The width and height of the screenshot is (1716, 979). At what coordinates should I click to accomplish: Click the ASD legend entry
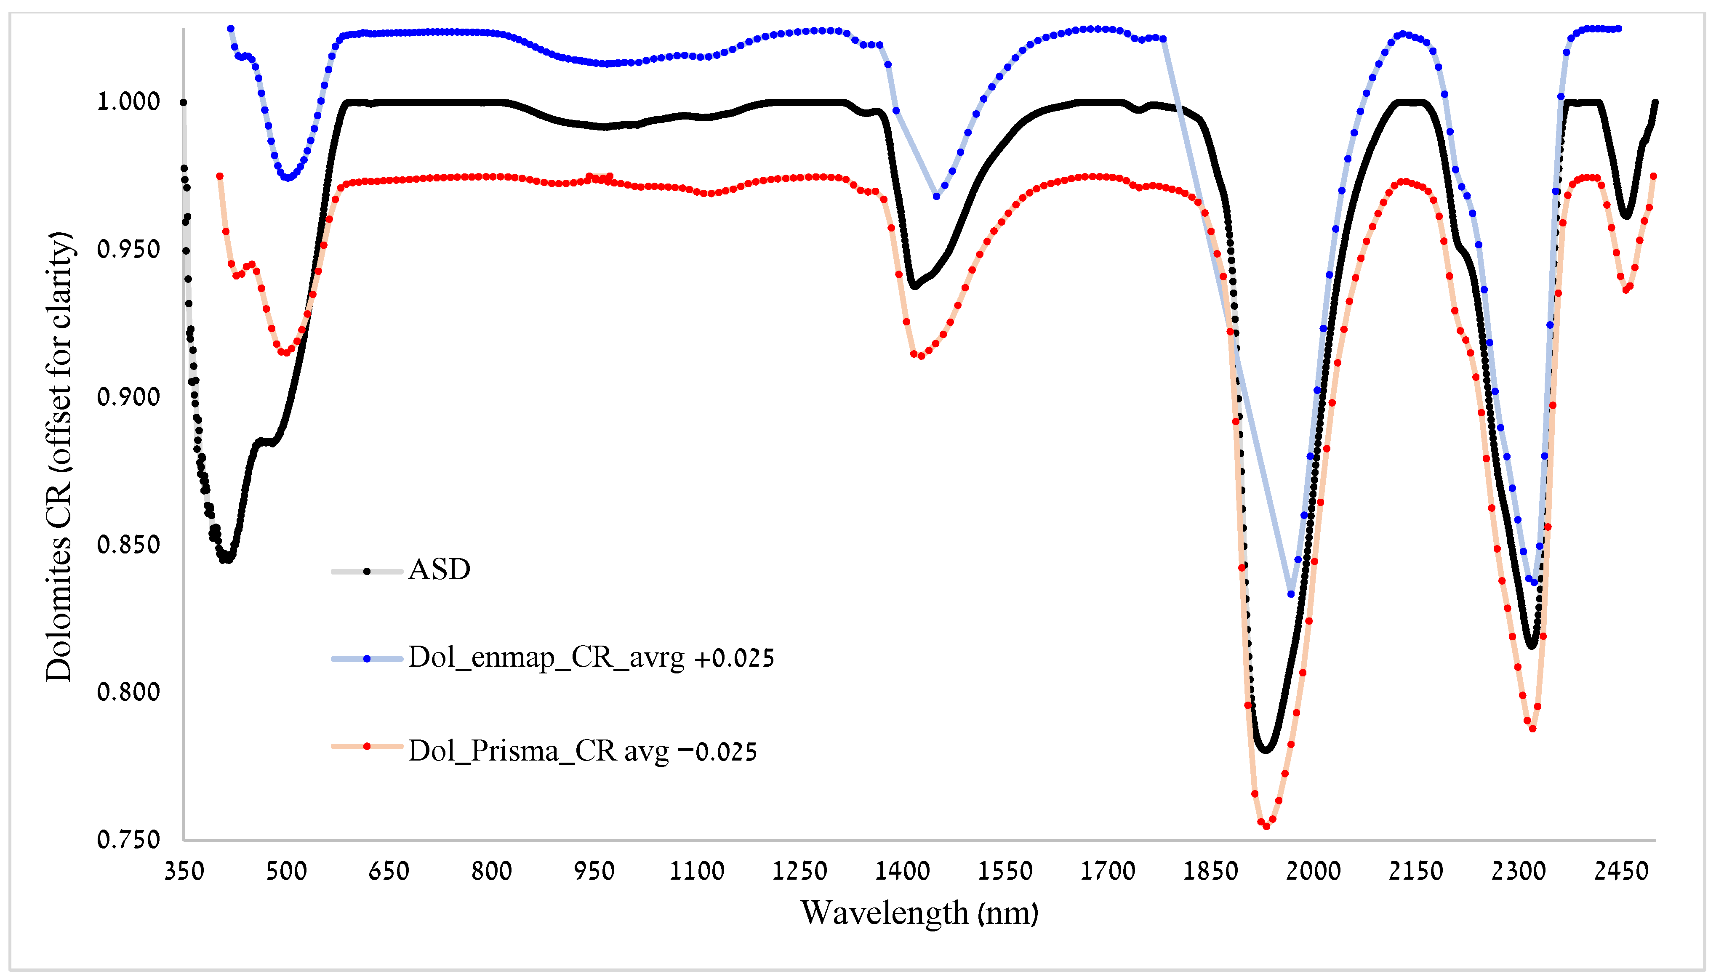438,570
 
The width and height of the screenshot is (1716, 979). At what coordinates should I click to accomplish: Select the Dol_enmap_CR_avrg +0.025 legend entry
590,657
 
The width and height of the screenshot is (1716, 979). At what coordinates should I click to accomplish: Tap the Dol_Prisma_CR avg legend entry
582,751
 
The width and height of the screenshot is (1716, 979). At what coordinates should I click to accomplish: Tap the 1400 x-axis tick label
902,871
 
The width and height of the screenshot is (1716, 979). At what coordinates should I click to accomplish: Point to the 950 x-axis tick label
594,871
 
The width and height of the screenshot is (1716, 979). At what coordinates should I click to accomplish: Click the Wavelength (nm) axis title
919,913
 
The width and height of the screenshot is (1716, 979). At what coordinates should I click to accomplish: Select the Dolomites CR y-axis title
59,457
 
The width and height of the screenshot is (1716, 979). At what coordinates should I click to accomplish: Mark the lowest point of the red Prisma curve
1266,826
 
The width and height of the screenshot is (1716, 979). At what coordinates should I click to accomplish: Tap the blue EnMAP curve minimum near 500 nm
288,178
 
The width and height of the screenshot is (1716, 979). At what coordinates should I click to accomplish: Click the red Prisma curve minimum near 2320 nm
1532,729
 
